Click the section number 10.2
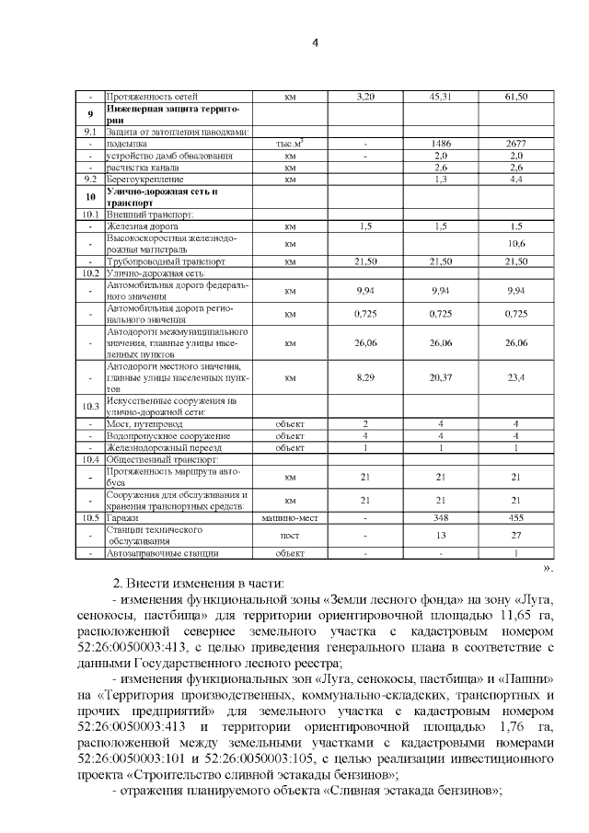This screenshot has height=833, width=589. pyautogui.click(x=90, y=273)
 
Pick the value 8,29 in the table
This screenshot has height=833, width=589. pyautogui.click(x=365, y=376)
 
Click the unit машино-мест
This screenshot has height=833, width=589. pyautogui.click(x=290, y=519)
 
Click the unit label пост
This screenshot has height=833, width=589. pyautogui.click(x=290, y=536)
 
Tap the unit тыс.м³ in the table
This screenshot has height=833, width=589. pyautogui.click(x=290, y=145)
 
